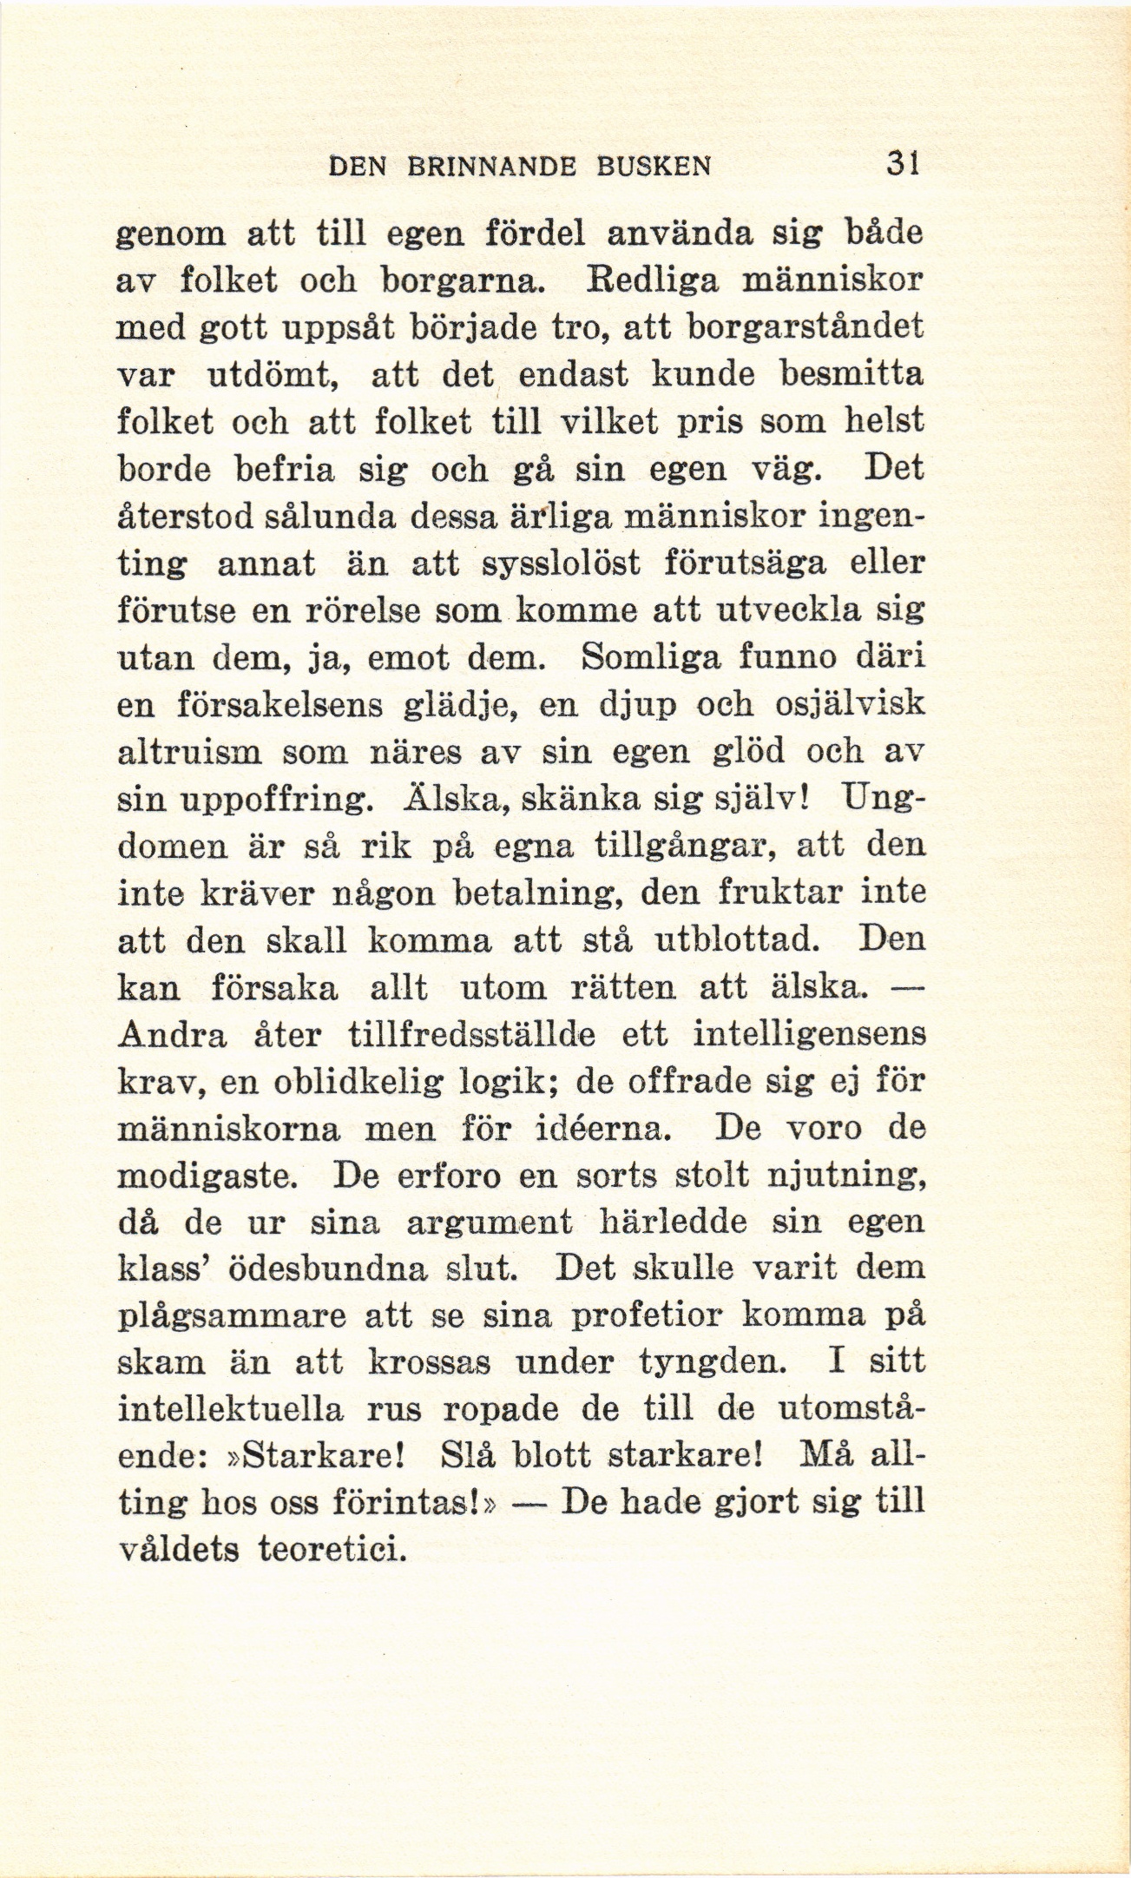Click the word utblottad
[736, 940]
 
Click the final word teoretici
[334, 1551]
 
